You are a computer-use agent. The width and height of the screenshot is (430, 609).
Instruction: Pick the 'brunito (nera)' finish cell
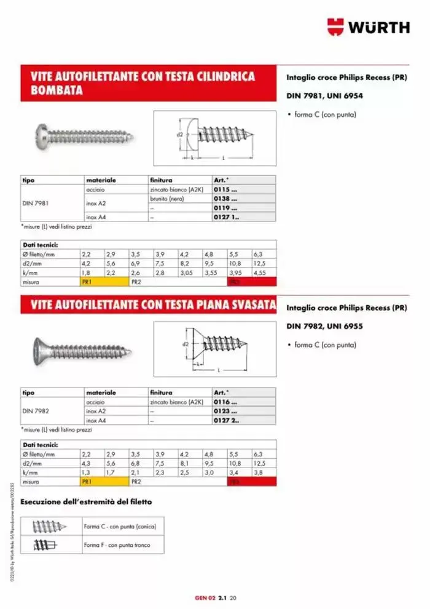[167, 199]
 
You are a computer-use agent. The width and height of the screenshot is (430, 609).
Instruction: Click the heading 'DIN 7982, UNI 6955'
[324, 326]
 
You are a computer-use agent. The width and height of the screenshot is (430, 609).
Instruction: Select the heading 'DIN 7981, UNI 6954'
[324, 96]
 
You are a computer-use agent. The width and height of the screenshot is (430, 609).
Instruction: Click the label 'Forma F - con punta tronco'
[116, 545]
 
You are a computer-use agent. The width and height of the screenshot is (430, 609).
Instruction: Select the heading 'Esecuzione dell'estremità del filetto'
[86, 502]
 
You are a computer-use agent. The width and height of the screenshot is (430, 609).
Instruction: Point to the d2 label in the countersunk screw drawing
[186, 344]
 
